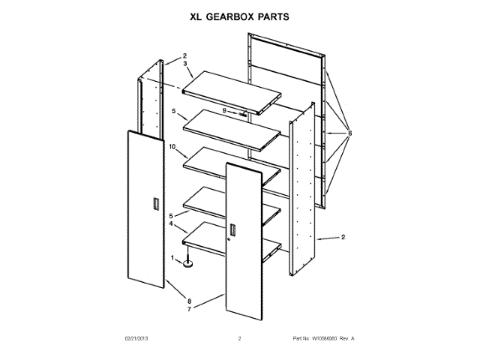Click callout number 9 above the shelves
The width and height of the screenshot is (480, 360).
(223, 110)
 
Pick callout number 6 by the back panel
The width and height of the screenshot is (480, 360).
(349, 134)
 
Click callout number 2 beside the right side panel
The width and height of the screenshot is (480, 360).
(343, 238)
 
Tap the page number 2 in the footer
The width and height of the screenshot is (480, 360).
(239, 339)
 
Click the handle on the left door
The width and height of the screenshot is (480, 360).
(155, 205)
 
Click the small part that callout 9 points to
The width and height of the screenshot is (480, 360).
(243, 113)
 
